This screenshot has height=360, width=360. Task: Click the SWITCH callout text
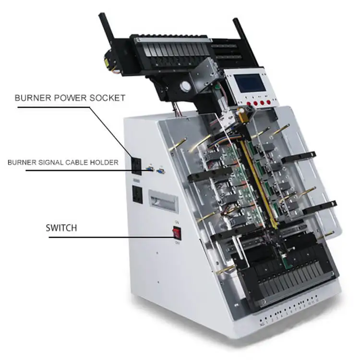pos(61,227)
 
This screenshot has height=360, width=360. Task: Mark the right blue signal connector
pos(161,170)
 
